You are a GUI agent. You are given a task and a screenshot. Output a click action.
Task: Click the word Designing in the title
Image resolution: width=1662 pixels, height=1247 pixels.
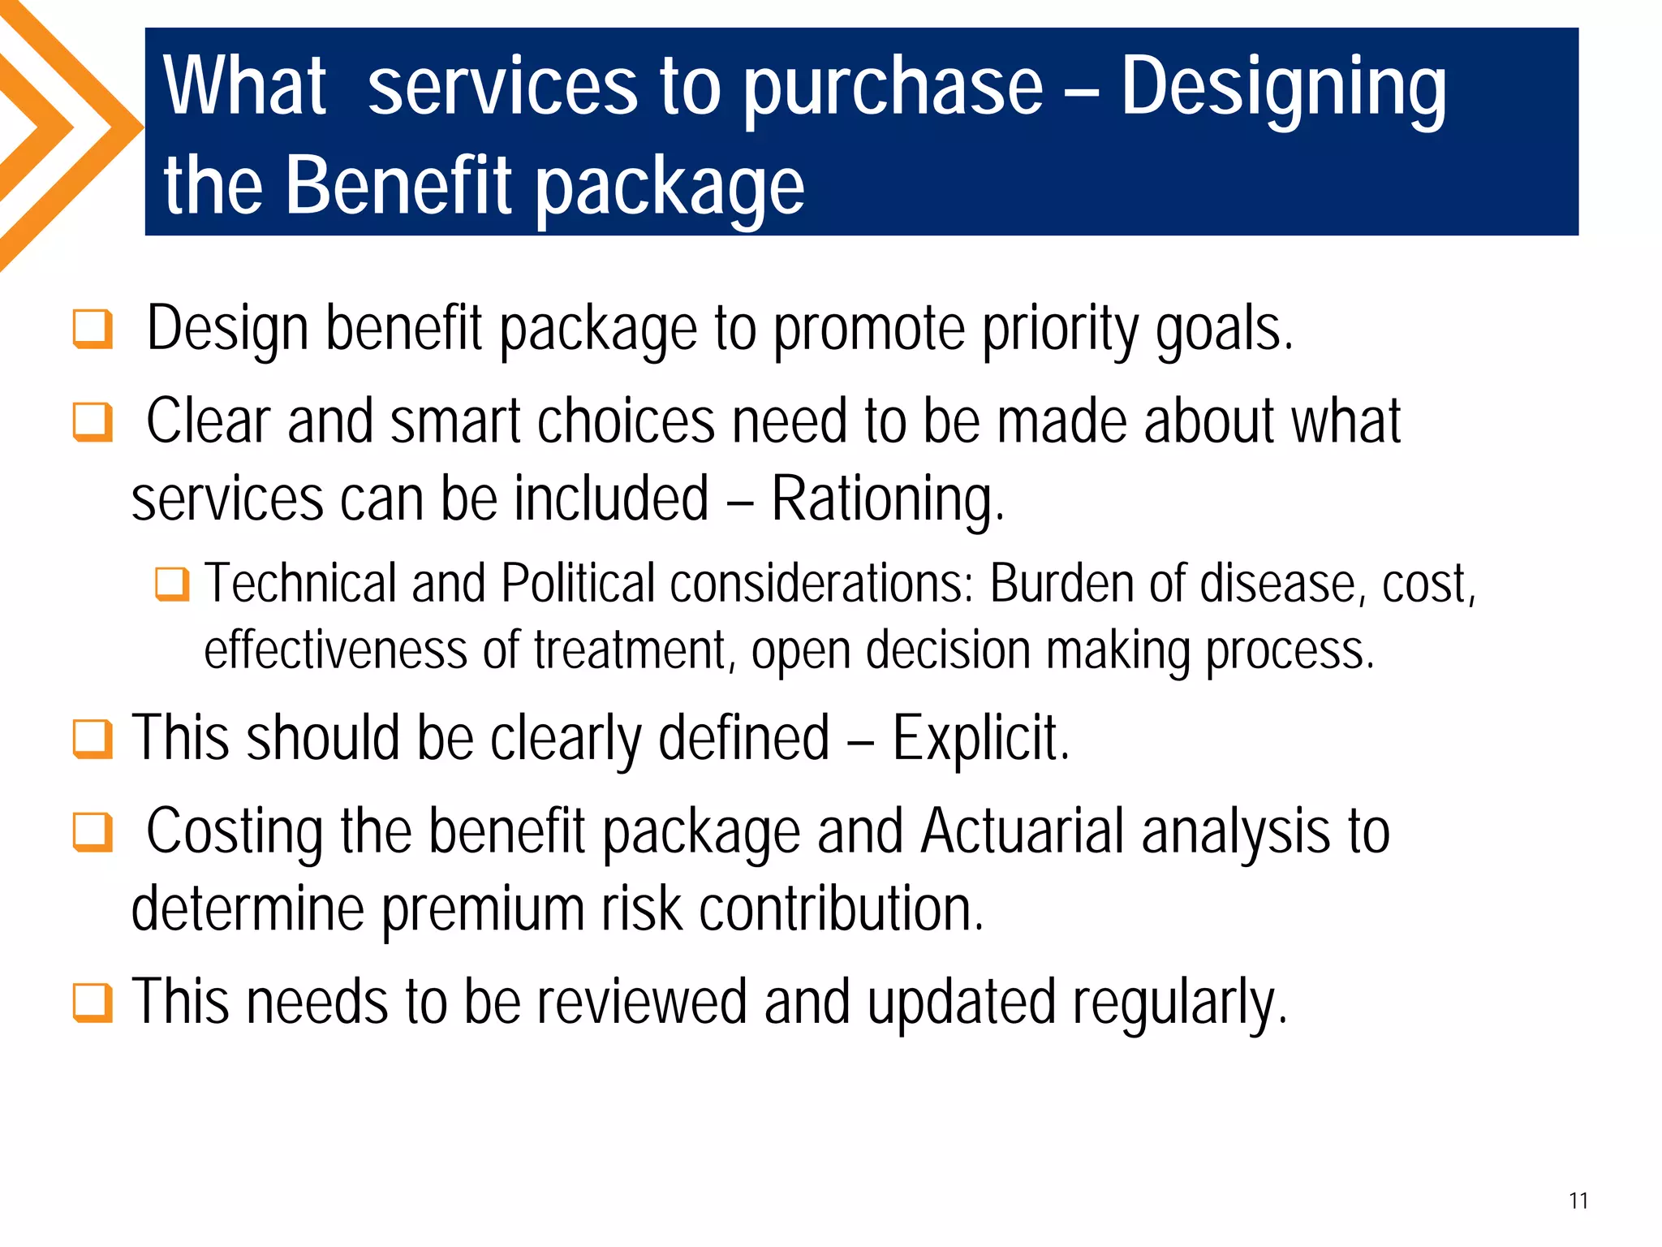click(x=1283, y=89)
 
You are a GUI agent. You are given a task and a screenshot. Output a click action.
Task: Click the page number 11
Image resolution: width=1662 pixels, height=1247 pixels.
click(x=1578, y=1201)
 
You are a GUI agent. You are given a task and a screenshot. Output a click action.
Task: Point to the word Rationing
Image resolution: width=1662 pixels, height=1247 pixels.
click(x=887, y=498)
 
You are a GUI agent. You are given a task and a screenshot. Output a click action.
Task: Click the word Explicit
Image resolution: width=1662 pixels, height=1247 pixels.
click(x=980, y=738)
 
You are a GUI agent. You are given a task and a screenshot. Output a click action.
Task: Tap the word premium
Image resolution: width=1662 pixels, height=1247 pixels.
click(x=483, y=909)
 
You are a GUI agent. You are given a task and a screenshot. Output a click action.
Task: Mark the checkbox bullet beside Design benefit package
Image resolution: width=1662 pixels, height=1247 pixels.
click(x=93, y=329)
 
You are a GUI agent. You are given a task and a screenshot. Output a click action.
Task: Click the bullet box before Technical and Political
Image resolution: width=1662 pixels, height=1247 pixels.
click(x=172, y=584)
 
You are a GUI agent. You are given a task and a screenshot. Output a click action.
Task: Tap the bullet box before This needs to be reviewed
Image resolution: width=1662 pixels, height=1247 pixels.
click(x=93, y=1003)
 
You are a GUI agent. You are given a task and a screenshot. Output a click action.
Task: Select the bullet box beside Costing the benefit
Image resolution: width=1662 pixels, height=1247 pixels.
click(x=93, y=832)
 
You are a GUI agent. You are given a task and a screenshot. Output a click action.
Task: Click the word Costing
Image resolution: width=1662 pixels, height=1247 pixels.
click(x=234, y=832)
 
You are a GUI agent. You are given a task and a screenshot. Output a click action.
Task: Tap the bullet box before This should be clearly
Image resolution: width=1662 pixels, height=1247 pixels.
click(x=93, y=739)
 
